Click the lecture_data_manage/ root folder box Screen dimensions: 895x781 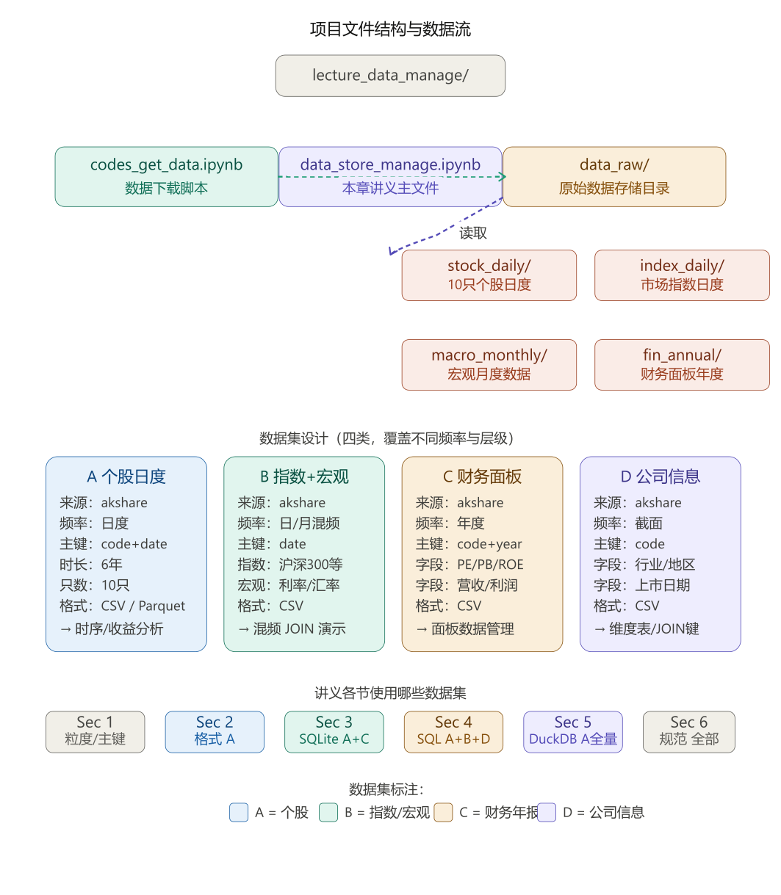(x=390, y=76)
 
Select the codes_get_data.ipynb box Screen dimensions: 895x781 (x=166, y=176)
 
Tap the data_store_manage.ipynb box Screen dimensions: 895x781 (x=390, y=176)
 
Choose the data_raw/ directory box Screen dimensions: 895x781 (x=614, y=176)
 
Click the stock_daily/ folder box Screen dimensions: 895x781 (x=489, y=275)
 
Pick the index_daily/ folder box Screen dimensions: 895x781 (x=682, y=275)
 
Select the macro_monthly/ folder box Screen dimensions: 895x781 (x=489, y=364)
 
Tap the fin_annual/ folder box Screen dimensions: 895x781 (x=682, y=364)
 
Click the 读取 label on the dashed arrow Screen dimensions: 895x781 (x=473, y=233)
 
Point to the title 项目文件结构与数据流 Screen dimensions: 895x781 (x=390, y=29)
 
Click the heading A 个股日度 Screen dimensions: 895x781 (x=126, y=477)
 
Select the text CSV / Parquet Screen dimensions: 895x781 (x=143, y=606)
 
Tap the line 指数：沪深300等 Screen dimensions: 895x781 (x=290, y=565)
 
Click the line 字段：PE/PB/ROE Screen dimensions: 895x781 (x=469, y=565)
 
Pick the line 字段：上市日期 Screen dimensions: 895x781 (x=641, y=585)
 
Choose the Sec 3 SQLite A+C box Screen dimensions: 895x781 (x=334, y=731)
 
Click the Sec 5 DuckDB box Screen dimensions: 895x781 (x=573, y=731)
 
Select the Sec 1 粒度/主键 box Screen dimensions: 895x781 (x=96, y=731)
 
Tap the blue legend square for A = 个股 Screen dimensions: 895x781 (x=239, y=813)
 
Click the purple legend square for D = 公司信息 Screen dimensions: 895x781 (x=547, y=813)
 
